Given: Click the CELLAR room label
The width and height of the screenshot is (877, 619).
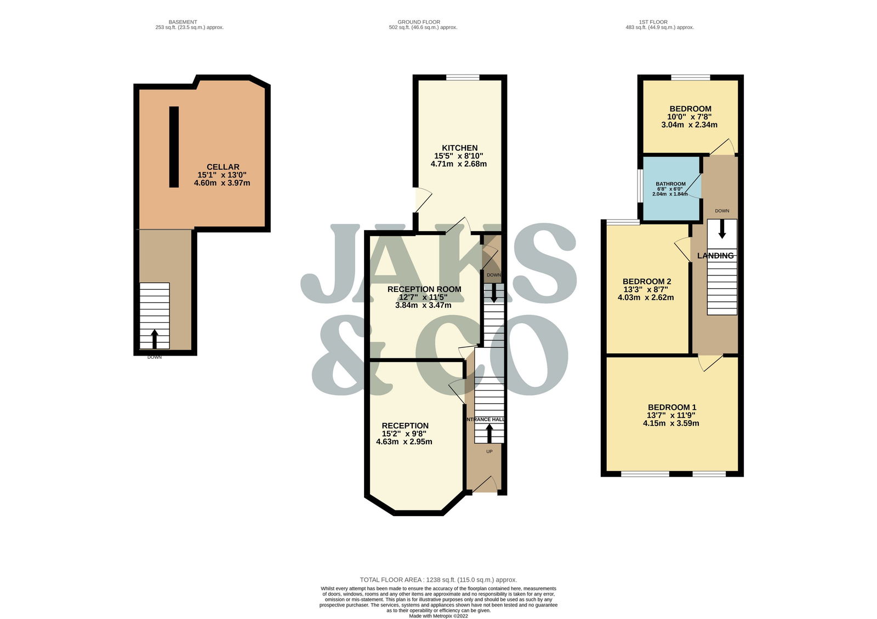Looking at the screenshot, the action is (223, 167).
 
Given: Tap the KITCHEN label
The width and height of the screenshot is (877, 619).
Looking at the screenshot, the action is (460, 148).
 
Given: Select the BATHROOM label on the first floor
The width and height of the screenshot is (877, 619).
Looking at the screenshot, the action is (671, 184).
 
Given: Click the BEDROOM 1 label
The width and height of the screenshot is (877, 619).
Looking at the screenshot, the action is (672, 408).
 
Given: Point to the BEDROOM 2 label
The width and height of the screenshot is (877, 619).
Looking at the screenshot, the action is (647, 282).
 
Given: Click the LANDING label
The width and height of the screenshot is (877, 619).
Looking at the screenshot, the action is (716, 255).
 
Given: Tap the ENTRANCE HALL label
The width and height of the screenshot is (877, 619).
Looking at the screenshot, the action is (485, 420).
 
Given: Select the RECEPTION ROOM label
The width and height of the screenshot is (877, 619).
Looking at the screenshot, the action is (424, 289).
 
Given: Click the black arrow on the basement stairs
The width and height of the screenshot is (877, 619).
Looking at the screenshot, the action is (154, 339).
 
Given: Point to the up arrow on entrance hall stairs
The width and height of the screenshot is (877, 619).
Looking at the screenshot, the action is (489, 433).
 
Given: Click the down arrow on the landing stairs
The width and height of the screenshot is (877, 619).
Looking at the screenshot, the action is (722, 230).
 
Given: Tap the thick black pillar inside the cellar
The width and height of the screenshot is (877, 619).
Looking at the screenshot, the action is (174, 147).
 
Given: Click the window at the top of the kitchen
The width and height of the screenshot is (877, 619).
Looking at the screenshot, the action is (463, 77).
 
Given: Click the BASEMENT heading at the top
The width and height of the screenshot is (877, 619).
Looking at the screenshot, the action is (183, 22).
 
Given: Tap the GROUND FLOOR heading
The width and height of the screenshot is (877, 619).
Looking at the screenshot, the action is (419, 22).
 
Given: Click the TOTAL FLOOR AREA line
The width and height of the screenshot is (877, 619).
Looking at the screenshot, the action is (438, 580).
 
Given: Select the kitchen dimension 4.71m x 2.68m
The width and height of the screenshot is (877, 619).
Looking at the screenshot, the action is (459, 164).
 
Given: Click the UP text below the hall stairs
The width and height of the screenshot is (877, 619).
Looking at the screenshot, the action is (489, 451).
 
